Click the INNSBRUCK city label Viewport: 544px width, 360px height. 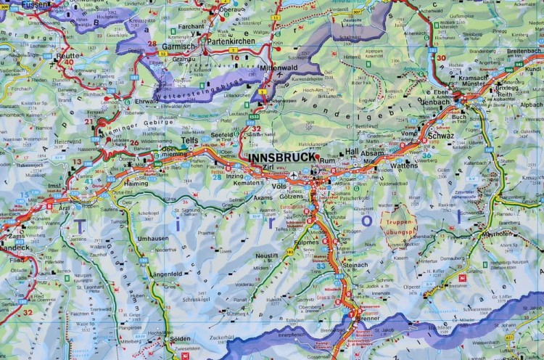[x=281, y=157]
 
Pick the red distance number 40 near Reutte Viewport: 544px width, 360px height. [x=69, y=62]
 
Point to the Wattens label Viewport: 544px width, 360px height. [x=404, y=165]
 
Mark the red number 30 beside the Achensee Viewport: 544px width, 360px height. [x=441, y=57]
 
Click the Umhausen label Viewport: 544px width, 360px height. [x=153, y=238]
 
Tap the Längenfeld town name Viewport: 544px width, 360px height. [x=168, y=274]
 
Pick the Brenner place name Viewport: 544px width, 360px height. [x=369, y=319]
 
